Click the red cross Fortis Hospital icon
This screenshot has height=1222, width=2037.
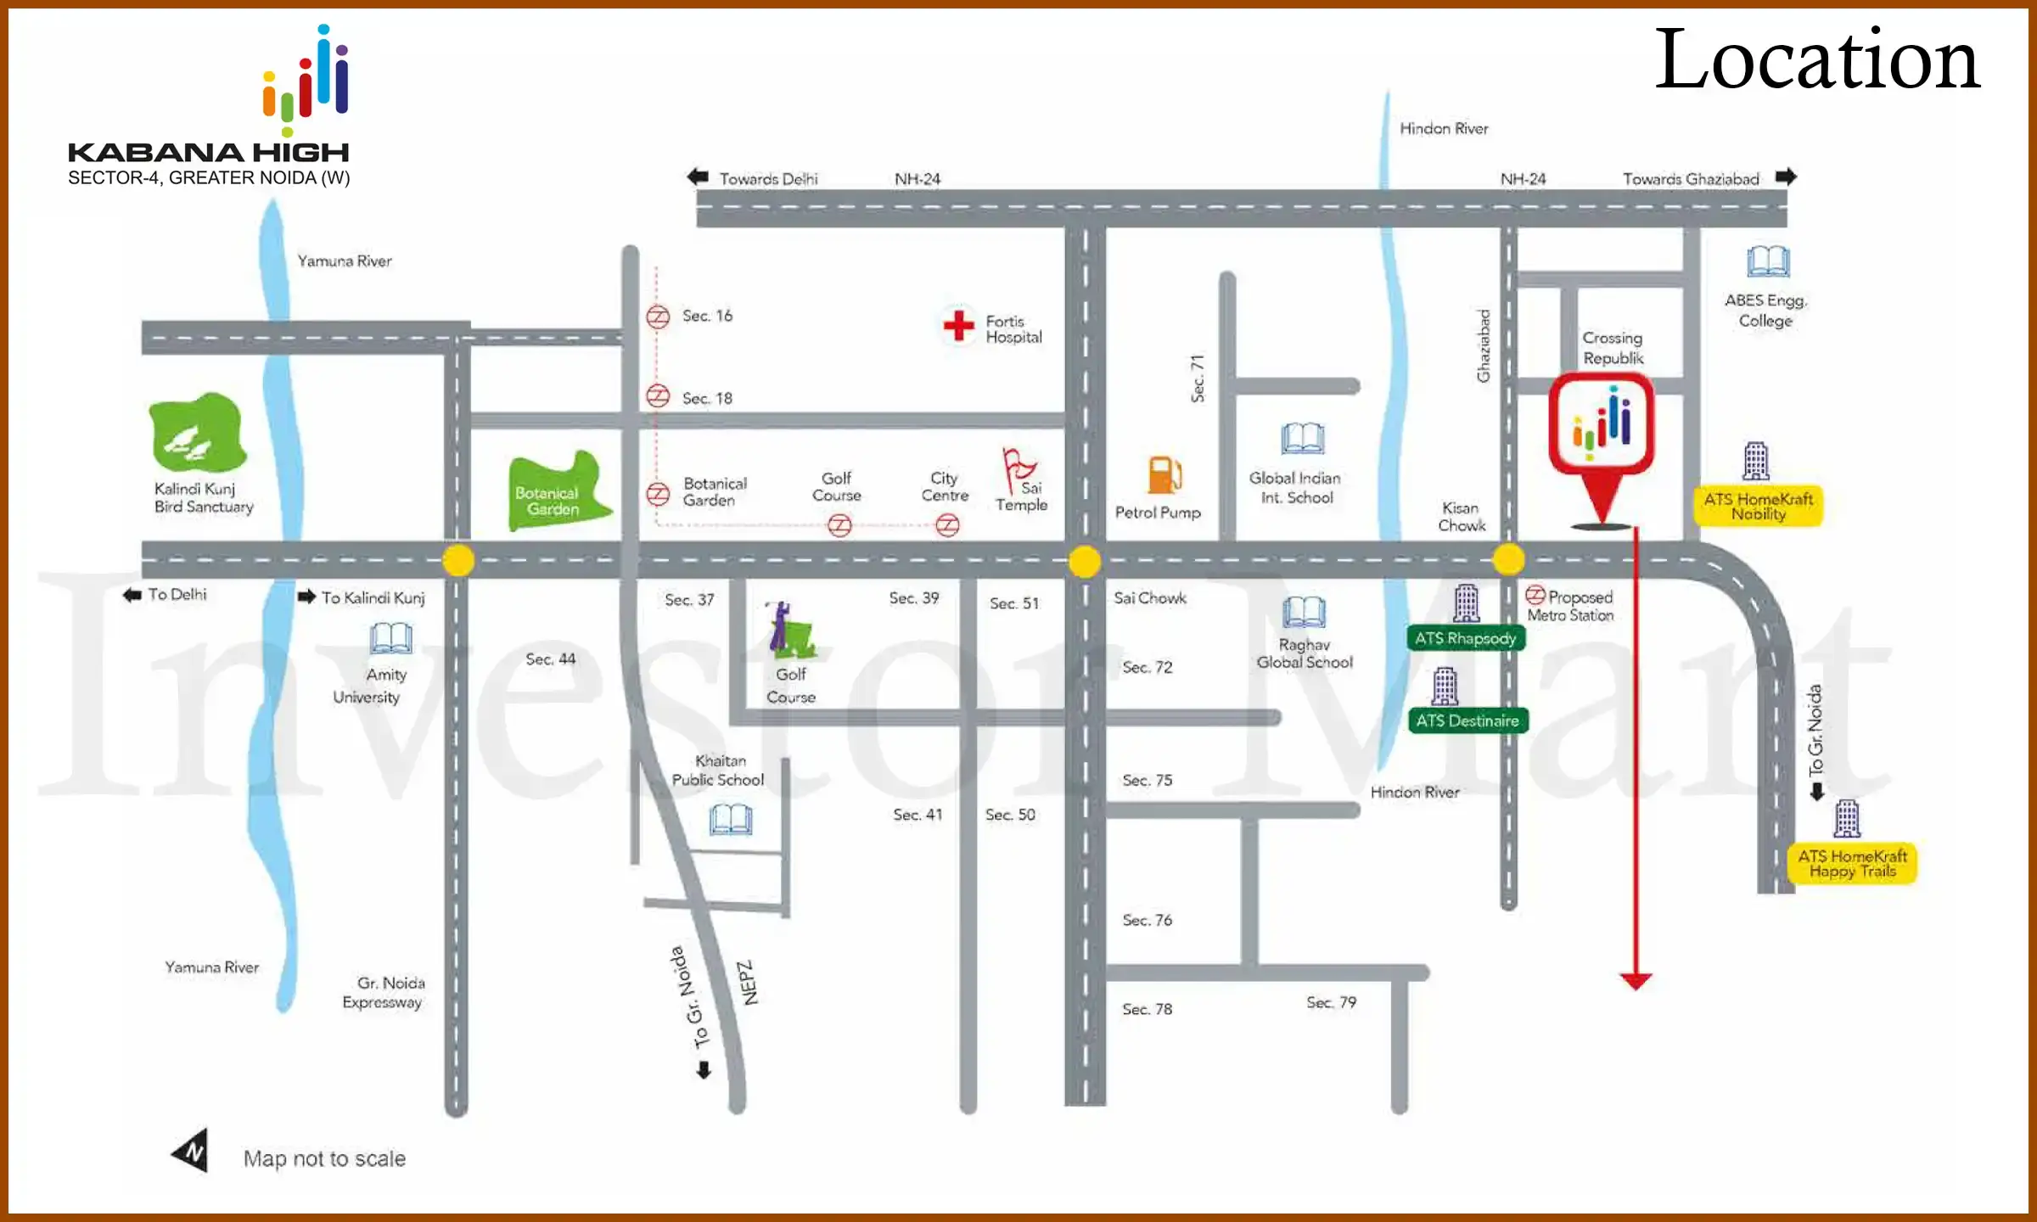coord(958,325)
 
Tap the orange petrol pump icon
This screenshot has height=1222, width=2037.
coord(1164,474)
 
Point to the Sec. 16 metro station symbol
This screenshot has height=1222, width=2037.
coord(658,317)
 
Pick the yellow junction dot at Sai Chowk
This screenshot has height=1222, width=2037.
coord(1084,561)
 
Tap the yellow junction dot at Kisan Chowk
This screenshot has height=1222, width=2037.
coord(1508,559)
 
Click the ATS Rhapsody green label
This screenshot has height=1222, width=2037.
coord(1465,638)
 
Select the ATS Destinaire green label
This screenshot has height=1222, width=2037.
coord(1467,720)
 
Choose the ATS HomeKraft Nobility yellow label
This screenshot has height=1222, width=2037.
coord(1758,506)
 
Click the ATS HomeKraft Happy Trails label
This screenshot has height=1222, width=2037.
coord(1852,863)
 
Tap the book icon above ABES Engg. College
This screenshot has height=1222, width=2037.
coord(1768,261)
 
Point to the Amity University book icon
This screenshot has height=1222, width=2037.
coord(390,637)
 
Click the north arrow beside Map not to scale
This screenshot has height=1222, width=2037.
coord(192,1151)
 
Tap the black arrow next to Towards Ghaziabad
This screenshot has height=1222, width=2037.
coord(1786,177)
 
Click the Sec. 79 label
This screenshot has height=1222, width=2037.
coord(1331,1002)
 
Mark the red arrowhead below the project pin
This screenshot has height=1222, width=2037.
coord(1635,982)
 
